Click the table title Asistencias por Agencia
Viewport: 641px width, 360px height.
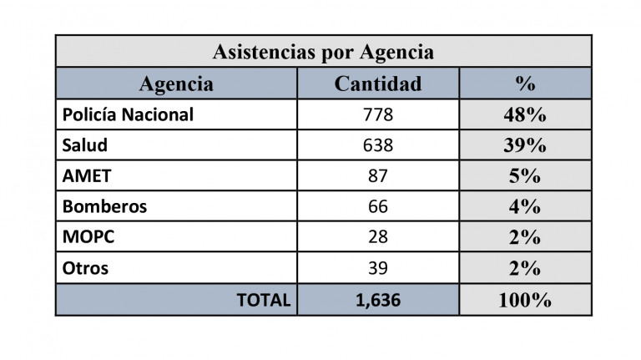pyautogui.click(x=323, y=52)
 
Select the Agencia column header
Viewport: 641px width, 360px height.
pyautogui.click(x=176, y=84)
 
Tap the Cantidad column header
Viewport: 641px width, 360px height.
pyautogui.click(x=377, y=84)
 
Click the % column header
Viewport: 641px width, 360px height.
pyautogui.click(x=525, y=84)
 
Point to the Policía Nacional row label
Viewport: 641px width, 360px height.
pyautogui.click(x=128, y=115)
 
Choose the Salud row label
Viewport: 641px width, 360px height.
pyautogui.click(x=85, y=145)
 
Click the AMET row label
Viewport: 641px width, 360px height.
pyautogui.click(x=87, y=176)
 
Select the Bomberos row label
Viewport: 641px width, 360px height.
pyautogui.click(x=105, y=207)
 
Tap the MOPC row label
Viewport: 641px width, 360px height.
pyautogui.click(x=88, y=237)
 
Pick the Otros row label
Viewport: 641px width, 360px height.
pyautogui.click(x=85, y=269)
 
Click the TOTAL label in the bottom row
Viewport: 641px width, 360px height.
pyautogui.click(x=264, y=300)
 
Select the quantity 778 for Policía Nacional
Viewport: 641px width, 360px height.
pyautogui.click(x=377, y=115)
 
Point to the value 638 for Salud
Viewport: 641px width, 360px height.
pyautogui.click(x=377, y=145)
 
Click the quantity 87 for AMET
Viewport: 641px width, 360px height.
pyautogui.click(x=377, y=176)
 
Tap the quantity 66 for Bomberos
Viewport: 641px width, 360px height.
pyautogui.click(x=377, y=207)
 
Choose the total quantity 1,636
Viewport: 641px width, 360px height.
pyautogui.click(x=377, y=300)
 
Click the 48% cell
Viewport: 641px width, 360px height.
pyautogui.click(x=525, y=115)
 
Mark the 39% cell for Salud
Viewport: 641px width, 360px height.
pyautogui.click(x=525, y=145)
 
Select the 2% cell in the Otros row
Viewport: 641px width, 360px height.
pyautogui.click(x=525, y=269)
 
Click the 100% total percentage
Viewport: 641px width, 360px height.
pyautogui.click(x=525, y=300)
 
